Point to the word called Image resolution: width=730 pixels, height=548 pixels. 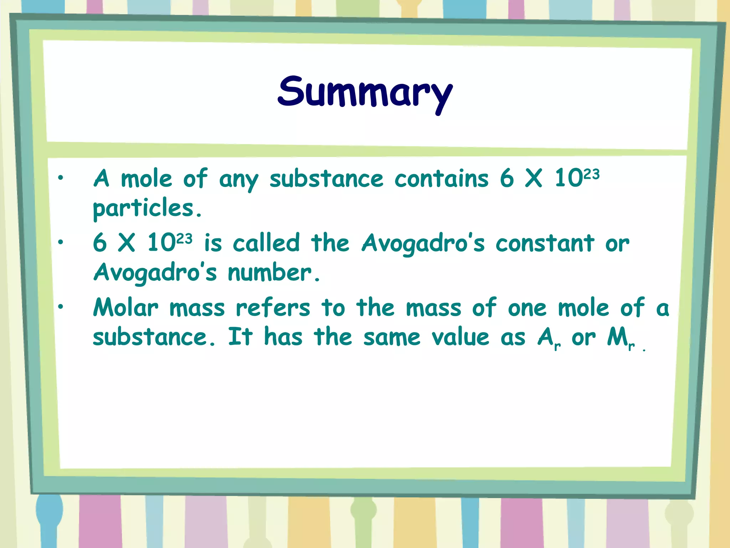point(266,243)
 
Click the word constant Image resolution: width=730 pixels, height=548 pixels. point(545,243)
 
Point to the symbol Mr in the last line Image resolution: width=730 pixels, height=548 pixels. point(621,338)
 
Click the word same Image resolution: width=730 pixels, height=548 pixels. point(392,338)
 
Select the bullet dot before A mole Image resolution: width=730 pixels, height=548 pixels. point(61,177)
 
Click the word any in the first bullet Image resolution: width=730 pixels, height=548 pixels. point(238,180)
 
